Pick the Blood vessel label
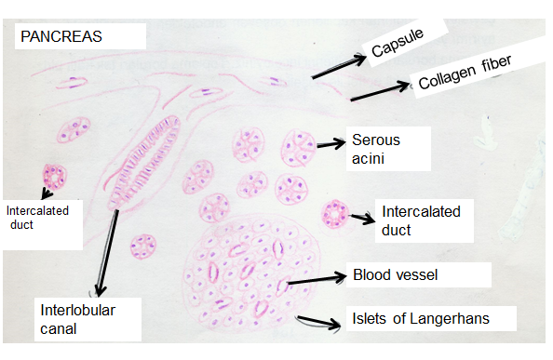[x=395, y=275]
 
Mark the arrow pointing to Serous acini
[x=330, y=144]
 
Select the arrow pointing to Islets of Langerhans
[x=317, y=322]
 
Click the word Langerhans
[x=456, y=319]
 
